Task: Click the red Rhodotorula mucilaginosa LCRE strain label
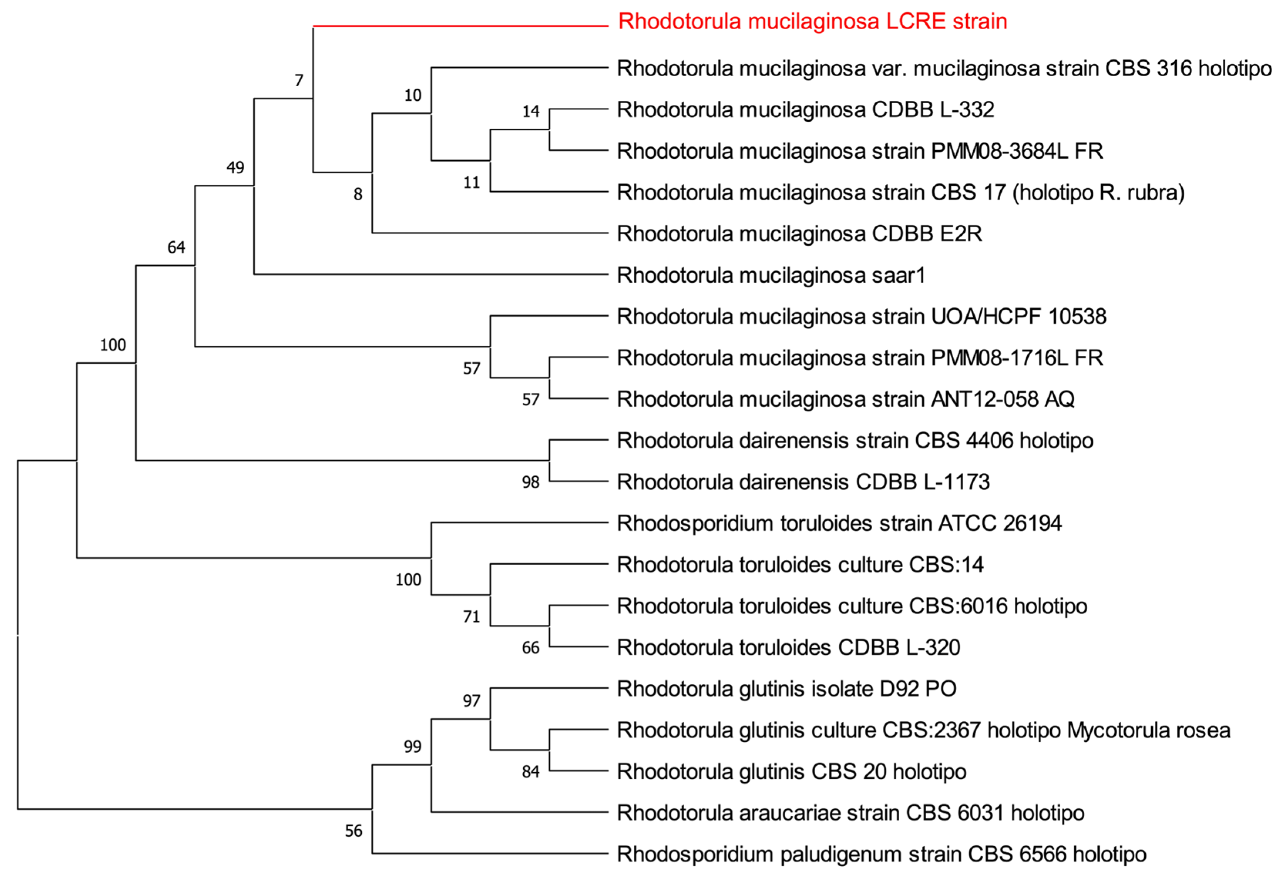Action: pyautogui.click(x=812, y=22)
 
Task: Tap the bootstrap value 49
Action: pyautogui.click(x=235, y=168)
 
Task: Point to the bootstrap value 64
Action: pyautogui.click(x=176, y=247)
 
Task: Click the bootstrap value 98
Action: pyautogui.click(x=530, y=482)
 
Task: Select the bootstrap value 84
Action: pyautogui.click(x=530, y=772)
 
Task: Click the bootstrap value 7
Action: pyautogui.click(x=299, y=81)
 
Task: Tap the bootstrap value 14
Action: pyautogui.click(x=530, y=112)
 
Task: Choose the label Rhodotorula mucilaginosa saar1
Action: pyautogui.click(x=771, y=275)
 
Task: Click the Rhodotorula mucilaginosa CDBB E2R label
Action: pyautogui.click(x=799, y=234)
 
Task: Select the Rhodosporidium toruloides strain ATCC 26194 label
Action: pyautogui.click(x=839, y=523)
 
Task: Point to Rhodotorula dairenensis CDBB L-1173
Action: pyautogui.click(x=803, y=482)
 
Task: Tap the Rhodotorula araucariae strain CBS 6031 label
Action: pyautogui.click(x=850, y=813)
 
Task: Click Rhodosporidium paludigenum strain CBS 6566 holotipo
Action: pyautogui.click(x=882, y=854)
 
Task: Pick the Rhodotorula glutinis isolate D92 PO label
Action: pyautogui.click(x=786, y=689)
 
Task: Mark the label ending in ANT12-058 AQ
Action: pyautogui.click(x=845, y=399)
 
